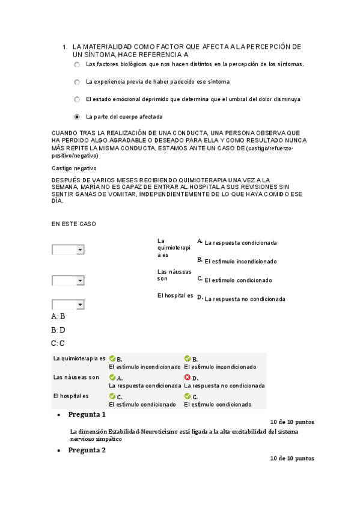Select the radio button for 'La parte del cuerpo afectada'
[x=77, y=117]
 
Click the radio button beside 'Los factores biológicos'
[x=77, y=64]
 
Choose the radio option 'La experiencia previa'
[x=77, y=82]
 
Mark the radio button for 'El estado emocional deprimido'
[x=77, y=99]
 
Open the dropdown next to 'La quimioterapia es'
[x=68, y=250]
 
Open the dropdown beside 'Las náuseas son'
[x=68, y=280]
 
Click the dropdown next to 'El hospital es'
[x=68, y=304]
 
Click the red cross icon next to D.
[x=188, y=378]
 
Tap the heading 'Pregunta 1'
[x=87, y=414]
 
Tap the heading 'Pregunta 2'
[x=87, y=450]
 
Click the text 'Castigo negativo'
[x=75, y=168]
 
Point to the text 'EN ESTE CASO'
[x=73, y=224]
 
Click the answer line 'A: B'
[x=58, y=316]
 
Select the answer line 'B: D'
[x=58, y=330]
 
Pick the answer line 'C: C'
[x=58, y=343]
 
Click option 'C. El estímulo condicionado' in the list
[x=238, y=280]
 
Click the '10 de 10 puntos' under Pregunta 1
[x=292, y=422]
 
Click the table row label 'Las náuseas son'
[x=76, y=377]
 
